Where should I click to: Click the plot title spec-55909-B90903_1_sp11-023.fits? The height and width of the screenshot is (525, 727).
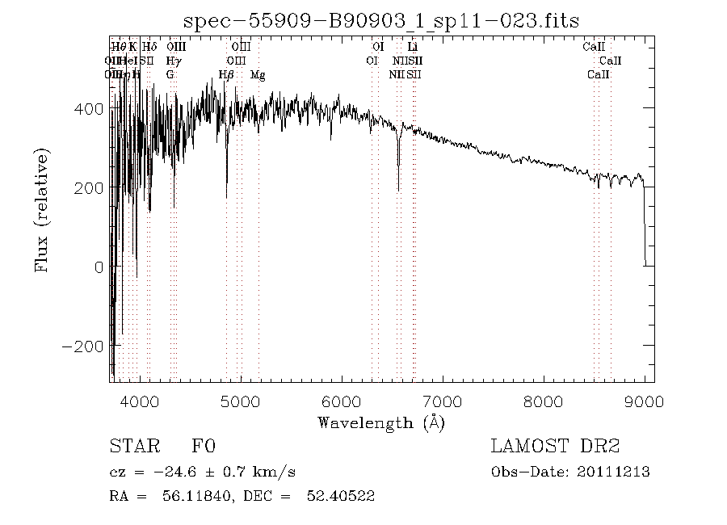pyautogui.click(x=382, y=20)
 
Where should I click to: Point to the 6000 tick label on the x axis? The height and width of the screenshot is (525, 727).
pyautogui.click(x=342, y=401)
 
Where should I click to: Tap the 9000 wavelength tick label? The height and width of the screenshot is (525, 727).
pyautogui.click(x=644, y=401)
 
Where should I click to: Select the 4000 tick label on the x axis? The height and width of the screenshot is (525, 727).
pyautogui.click(x=141, y=401)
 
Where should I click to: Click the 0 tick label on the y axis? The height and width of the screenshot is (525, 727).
pyautogui.click(x=99, y=267)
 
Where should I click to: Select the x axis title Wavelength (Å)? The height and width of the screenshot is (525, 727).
pyautogui.click(x=381, y=422)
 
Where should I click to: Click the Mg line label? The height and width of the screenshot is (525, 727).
pyautogui.click(x=257, y=74)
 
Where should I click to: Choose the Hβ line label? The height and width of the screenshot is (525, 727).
pyautogui.click(x=226, y=74)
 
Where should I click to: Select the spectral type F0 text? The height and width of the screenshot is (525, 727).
pyautogui.click(x=203, y=447)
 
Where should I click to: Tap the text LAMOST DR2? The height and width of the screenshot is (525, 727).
pyautogui.click(x=555, y=447)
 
